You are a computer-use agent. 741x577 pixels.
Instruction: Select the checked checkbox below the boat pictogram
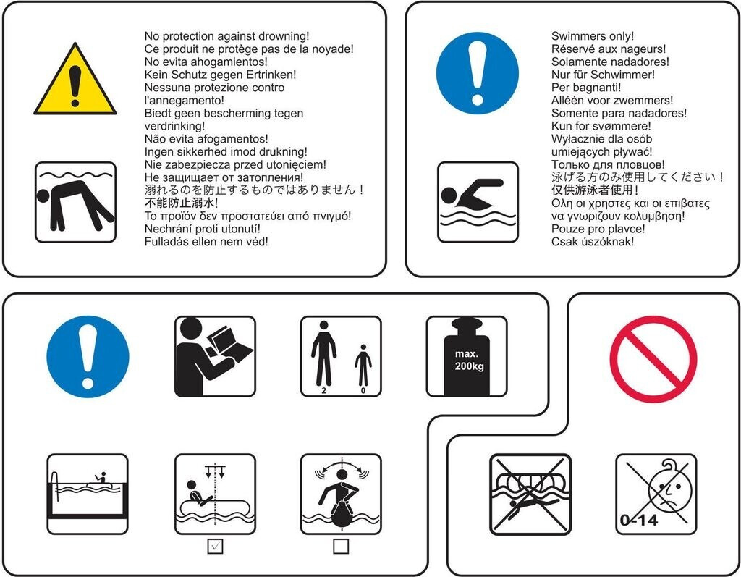pyautogui.click(x=215, y=547)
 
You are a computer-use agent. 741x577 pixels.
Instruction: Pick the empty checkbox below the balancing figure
pyautogui.click(x=341, y=547)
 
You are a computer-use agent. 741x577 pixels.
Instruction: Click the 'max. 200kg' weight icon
pyautogui.click(x=467, y=357)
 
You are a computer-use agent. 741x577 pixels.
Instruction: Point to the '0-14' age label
pyautogui.click(x=639, y=521)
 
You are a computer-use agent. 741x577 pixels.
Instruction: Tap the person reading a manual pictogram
pyautogui.click(x=215, y=357)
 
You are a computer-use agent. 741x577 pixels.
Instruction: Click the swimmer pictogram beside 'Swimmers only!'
pyautogui.click(x=478, y=202)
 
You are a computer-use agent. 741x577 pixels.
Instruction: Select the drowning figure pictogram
pyautogui.click(x=75, y=202)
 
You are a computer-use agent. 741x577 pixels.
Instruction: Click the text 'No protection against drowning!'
pyautogui.click(x=226, y=36)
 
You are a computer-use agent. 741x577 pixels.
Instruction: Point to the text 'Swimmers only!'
pyautogui.click(x=593, y=36)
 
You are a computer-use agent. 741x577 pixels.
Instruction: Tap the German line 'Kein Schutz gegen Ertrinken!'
pyautogui.click(x=220, y=75)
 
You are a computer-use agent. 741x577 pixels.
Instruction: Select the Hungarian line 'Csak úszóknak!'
pyautogui.click(x=593, y=242)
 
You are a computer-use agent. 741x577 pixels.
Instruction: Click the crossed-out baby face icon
pyautogui.click(x=656, y=494)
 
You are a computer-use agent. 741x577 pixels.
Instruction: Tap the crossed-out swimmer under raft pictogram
pyautogui.click(x=530, y=494)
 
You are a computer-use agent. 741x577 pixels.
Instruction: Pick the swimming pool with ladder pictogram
pyautogui.click(x=88, y=494)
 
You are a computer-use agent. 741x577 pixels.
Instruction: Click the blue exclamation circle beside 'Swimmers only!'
pyautogui.click(x=478, y=73)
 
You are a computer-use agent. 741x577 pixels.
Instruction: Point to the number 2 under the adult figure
pyautogui.click(x=323, y=391)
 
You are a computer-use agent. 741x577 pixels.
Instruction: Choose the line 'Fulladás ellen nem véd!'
pyautogui.click(x=206, y=242)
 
